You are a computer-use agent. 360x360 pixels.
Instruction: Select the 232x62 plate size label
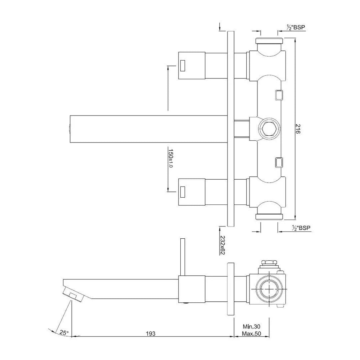pyautogui.click(x=223, y=245)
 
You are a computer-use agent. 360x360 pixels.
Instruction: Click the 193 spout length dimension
pyautogui.click(x=151, y=333)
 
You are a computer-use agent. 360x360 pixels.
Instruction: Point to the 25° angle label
pyautogui.click(x=64, y=332)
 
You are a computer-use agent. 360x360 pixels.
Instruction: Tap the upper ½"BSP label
pyautogui.click(x=295, y=28)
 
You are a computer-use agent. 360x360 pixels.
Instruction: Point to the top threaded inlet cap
pyautogui.click(x=269, y=41)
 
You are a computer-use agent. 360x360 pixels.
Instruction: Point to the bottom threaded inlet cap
pyautogui.click(x=269, y=216)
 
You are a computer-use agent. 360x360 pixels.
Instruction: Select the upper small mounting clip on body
pyautogui.click(x=279, y=95)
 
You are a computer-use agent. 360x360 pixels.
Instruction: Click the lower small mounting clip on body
pyautogui.click(x=279, y=162)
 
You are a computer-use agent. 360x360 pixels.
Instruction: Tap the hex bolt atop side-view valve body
pyautogui.click(x=269, y=264)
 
